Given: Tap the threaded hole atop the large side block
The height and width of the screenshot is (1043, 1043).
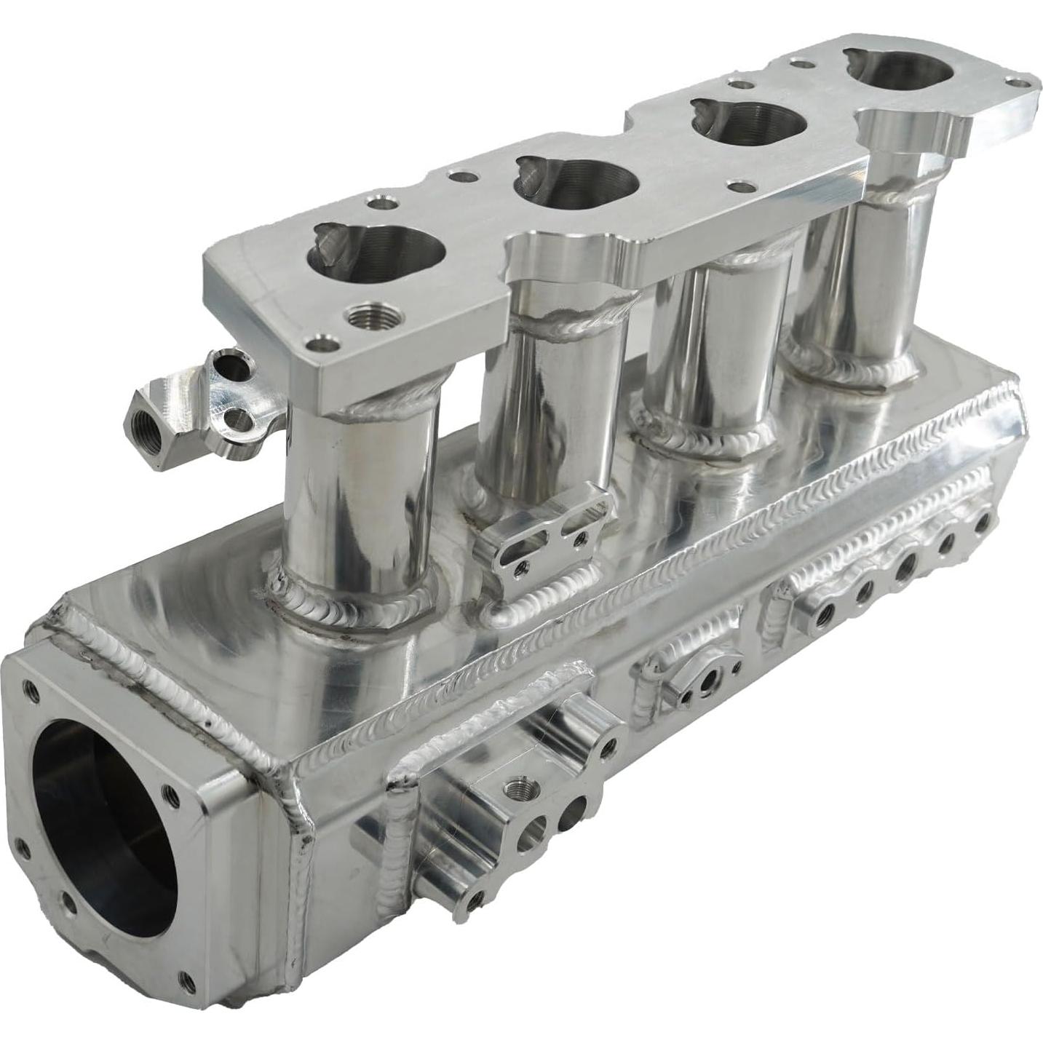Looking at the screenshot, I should point(519,787).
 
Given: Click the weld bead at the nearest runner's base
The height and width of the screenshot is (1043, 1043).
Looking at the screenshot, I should point(349,597).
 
